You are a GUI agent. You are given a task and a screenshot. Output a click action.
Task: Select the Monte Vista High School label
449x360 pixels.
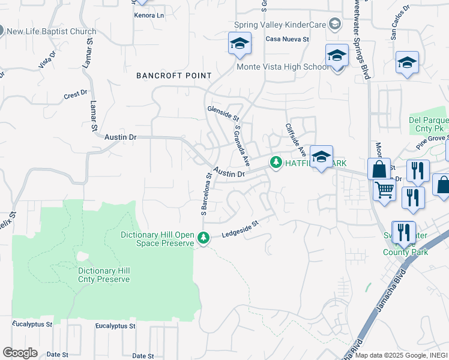[283, 67]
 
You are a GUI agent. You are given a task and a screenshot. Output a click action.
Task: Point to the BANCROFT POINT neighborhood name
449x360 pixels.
[174, 76]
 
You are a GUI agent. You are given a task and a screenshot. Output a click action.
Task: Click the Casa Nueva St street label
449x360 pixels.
[287, 39]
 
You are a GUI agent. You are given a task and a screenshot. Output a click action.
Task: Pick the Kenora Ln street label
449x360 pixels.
[149, 14]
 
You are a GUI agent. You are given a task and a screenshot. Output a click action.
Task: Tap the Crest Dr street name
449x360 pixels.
[76, 95]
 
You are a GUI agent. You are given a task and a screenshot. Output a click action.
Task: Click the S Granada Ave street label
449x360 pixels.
[241, 146]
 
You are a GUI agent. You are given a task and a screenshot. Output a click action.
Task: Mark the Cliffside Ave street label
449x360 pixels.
[296, 138]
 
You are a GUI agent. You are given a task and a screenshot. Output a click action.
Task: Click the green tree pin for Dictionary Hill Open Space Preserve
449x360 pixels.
[204, 239]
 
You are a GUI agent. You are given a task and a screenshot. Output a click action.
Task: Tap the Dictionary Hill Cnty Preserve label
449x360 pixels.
[104, 275]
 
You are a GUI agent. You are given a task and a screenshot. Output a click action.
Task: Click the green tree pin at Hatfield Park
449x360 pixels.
[276, 163]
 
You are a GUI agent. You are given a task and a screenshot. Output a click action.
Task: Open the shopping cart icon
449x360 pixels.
[384, 190]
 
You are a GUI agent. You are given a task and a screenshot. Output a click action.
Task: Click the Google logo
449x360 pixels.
[20, 353]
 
